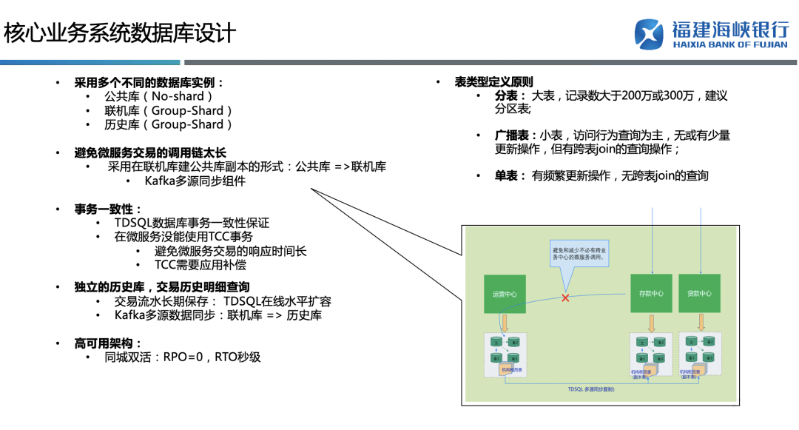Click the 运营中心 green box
[x=505, y=294]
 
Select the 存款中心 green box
[x=651, y=294]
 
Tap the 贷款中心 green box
[x=699, y=294]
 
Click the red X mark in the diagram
[x=565, y=298]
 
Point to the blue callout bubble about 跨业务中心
[x=580, y=255]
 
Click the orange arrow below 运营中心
[x=505, y=323]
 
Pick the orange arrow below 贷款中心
[x=699, y=323]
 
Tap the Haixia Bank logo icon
[x=650, y=34]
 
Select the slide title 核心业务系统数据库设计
[x=120, y=33]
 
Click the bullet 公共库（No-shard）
[x=159, y=96]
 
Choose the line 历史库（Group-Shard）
[x=169, y=125]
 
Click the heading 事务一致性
[x=108, y=209]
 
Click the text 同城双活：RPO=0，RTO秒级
[x=183, y=357]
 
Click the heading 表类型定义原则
[x=493, y=82]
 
